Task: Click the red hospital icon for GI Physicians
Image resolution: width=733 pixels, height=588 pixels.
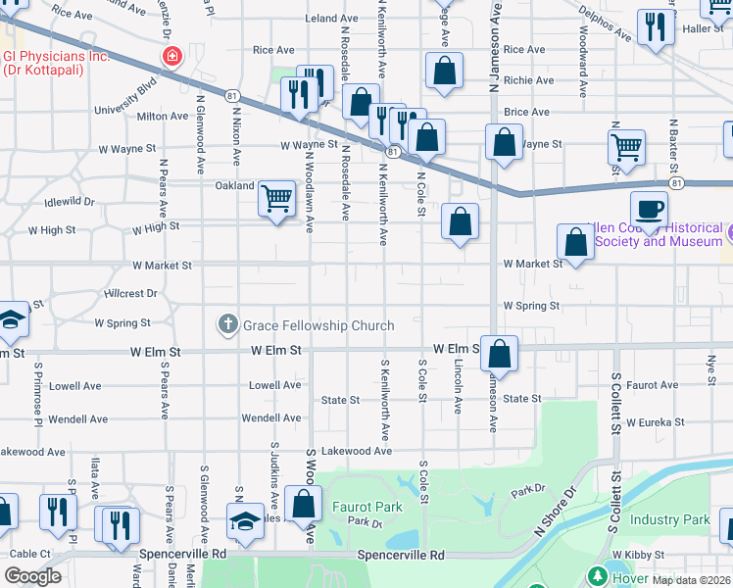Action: pyautogui.click(x=172, y=56)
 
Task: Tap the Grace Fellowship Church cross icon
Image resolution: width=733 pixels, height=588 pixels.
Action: pyautogui.click(x=227, y=323)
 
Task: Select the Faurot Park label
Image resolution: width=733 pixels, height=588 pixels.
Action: pyautogui.click(x=367, y=507)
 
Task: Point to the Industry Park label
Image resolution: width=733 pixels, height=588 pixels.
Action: pyautogui.click(x=669, y=519)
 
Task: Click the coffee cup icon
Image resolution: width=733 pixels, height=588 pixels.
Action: pyautogui.click(x=648, y=208)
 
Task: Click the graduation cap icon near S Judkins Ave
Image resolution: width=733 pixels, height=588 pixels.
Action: pyautogui.click(x=244, y=520)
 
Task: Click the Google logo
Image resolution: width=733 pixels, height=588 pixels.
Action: pyautogui.click(x=33, y=576)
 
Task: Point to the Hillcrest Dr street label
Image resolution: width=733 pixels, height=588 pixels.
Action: pyautogui.click(x=131, y=293)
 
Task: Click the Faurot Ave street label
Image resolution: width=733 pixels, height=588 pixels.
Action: pyautogui.click(x=653, y=385)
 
